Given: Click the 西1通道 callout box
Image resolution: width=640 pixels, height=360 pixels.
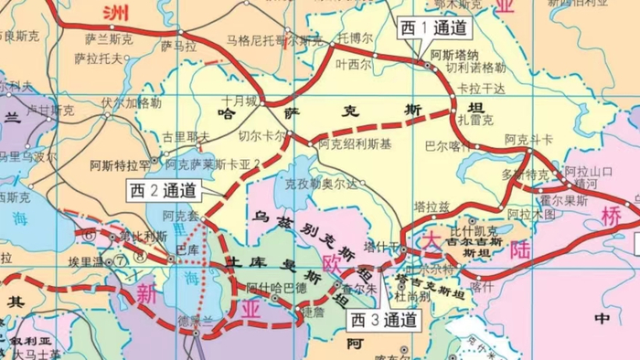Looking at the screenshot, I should [433, 28].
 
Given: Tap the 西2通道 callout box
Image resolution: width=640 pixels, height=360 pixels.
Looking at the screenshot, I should [163, 191].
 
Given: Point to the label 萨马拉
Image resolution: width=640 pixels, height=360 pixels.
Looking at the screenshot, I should [178, 45].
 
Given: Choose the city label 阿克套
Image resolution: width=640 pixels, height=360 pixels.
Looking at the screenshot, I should [180, 217].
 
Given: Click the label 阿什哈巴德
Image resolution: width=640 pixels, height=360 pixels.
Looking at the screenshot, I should [272, 287].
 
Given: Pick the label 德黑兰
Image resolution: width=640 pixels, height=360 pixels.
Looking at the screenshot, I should [196, 320].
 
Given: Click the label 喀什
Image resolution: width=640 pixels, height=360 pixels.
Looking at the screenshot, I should [481, 286].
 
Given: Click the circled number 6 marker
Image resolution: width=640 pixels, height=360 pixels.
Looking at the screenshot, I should [90, 235].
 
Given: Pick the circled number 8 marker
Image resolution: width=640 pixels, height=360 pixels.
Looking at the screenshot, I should [138, 256].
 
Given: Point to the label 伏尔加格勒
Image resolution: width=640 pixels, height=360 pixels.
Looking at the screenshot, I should [131, 102].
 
